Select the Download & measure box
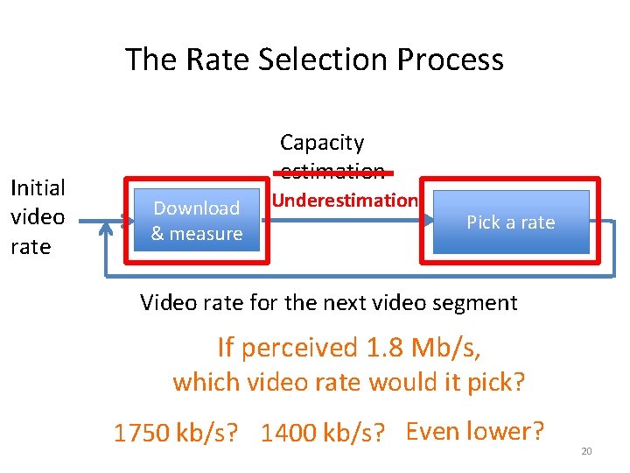196,221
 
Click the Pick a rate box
511,222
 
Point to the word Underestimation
344,201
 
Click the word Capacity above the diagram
322,142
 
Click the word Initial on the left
37,187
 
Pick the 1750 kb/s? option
176,434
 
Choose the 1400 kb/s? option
323,434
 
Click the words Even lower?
475,431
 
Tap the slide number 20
586,451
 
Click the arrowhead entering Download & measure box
124,222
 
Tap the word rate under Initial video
31,247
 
